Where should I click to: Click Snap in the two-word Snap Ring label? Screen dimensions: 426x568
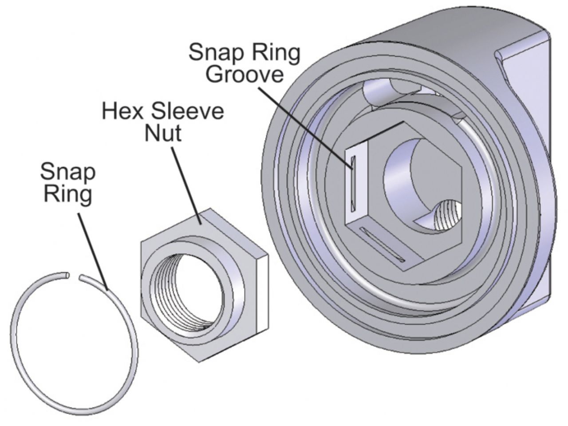(x=67, y=172)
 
